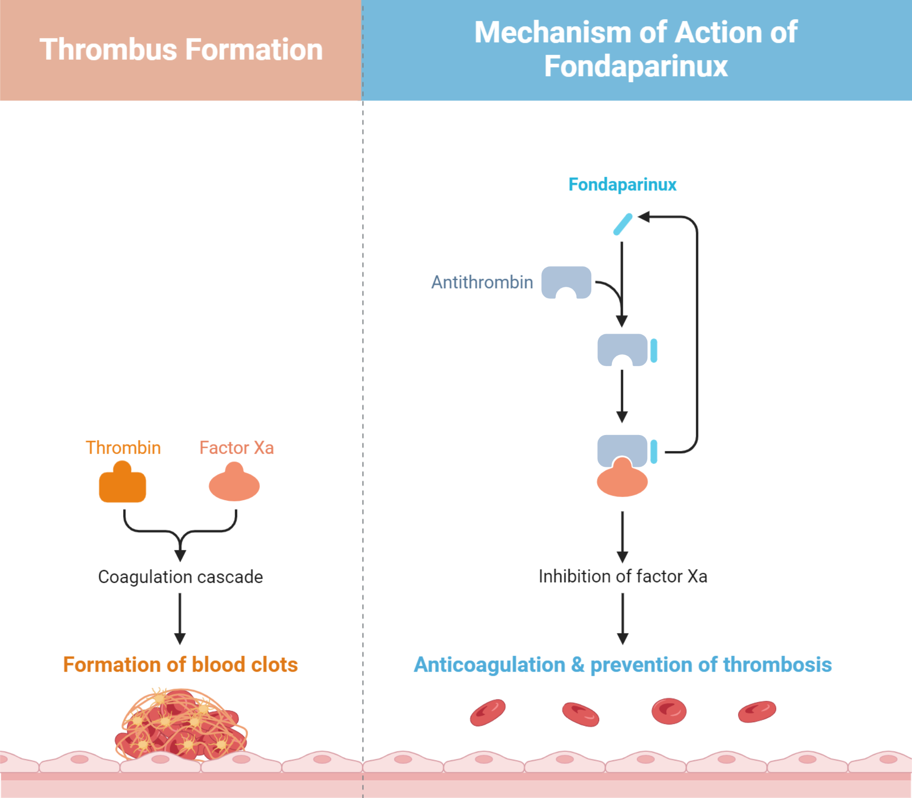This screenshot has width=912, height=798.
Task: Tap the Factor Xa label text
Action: click(x=236, y=448)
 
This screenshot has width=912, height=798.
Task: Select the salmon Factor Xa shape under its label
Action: click(x=234, y=484)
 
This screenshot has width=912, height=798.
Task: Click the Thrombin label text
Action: click(x=123, y=448)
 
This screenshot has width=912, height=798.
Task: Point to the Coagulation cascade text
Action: click(x=180, y=577)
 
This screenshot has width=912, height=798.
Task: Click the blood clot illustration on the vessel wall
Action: click(x=181, y=725)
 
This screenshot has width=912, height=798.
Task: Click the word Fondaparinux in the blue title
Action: click(x=636, y=67)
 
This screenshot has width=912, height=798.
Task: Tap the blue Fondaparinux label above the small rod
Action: click(x=622, y=185)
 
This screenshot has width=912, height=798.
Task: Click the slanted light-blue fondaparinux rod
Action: click(x=622, y=224)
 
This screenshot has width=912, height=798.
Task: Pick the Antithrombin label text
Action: click(x=482, y=282)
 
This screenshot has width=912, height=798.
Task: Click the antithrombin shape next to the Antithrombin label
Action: click(x=566, y=280)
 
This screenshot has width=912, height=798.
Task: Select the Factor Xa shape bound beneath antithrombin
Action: click(x=622, y=481)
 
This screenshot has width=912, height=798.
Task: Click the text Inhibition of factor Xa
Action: click(x=622, y=576)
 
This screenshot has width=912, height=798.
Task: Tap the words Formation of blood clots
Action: click(x=180, y=664)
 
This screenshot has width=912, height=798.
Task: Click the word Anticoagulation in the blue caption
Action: click(x=489, y=664)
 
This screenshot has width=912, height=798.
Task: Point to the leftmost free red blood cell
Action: click(x=487, y=712)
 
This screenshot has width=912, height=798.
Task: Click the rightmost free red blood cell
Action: click(x=757, y=711)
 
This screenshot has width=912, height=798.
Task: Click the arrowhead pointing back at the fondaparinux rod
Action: click(x=643, y=217)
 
